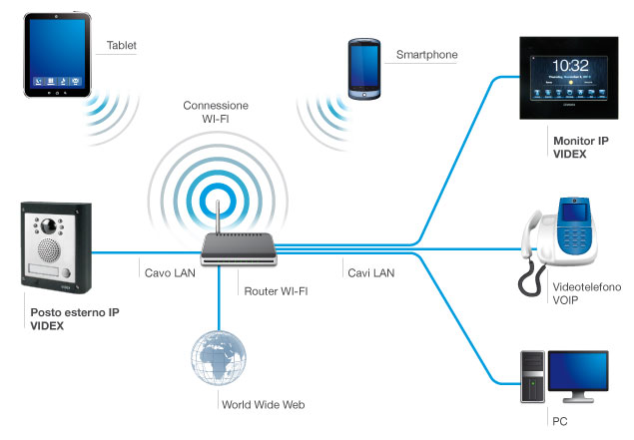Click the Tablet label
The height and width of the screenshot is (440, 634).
coord(122,46)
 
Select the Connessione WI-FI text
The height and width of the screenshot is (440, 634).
coord(216,113)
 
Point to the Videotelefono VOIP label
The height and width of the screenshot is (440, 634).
coord(586,294)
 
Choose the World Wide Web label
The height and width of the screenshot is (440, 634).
coord(262,405)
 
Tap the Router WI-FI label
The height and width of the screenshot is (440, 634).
coord(277,291)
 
